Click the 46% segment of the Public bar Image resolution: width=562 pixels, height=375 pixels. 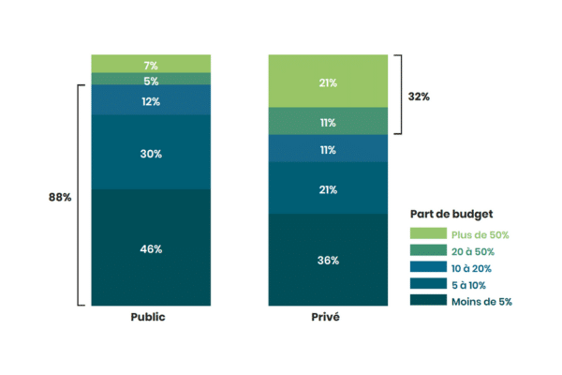tap(151, 248)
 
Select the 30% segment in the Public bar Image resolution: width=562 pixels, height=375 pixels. tap(151, 153)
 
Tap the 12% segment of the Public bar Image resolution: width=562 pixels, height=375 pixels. tap(151, 100)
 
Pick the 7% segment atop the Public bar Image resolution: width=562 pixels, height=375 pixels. tap(151, 65)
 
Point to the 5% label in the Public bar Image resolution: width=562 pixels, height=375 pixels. tap(151, 81)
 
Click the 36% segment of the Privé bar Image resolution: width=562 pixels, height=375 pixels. tap(327, 260)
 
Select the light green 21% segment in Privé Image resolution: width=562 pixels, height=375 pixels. tap(327, 82)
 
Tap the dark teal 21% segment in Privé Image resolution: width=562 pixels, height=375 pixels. tap(327, 188)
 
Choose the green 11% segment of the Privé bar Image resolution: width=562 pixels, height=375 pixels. tap(327, 122)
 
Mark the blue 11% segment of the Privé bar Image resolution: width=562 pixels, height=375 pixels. tap(327, 149)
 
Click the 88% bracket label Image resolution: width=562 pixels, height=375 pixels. tap(59, 197)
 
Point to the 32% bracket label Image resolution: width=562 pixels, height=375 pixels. tap(419, 96)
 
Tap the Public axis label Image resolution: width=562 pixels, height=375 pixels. tap(151, 317)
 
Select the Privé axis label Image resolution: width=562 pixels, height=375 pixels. tap(327, 317)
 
